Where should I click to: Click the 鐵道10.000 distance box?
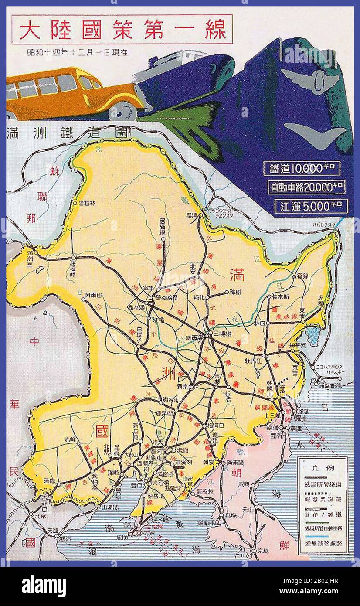click(302, 168)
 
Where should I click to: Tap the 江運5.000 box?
click(311, 206)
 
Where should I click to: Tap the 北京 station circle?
click(31, 514)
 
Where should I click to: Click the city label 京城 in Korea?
click(261, 551)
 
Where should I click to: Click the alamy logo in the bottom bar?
click(44, 586)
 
